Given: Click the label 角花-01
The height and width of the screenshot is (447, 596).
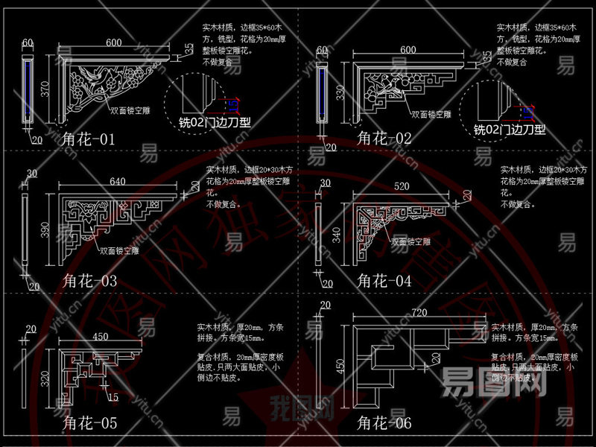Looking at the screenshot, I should (89, 139).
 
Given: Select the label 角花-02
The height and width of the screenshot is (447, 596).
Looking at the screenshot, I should (384, 139).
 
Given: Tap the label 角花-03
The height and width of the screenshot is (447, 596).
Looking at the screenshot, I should (89, 281).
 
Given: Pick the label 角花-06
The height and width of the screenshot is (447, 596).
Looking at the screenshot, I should (384, 424).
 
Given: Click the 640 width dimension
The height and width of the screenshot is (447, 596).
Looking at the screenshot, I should (118, 182).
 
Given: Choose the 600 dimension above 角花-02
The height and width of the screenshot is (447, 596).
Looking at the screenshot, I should (408, 50).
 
